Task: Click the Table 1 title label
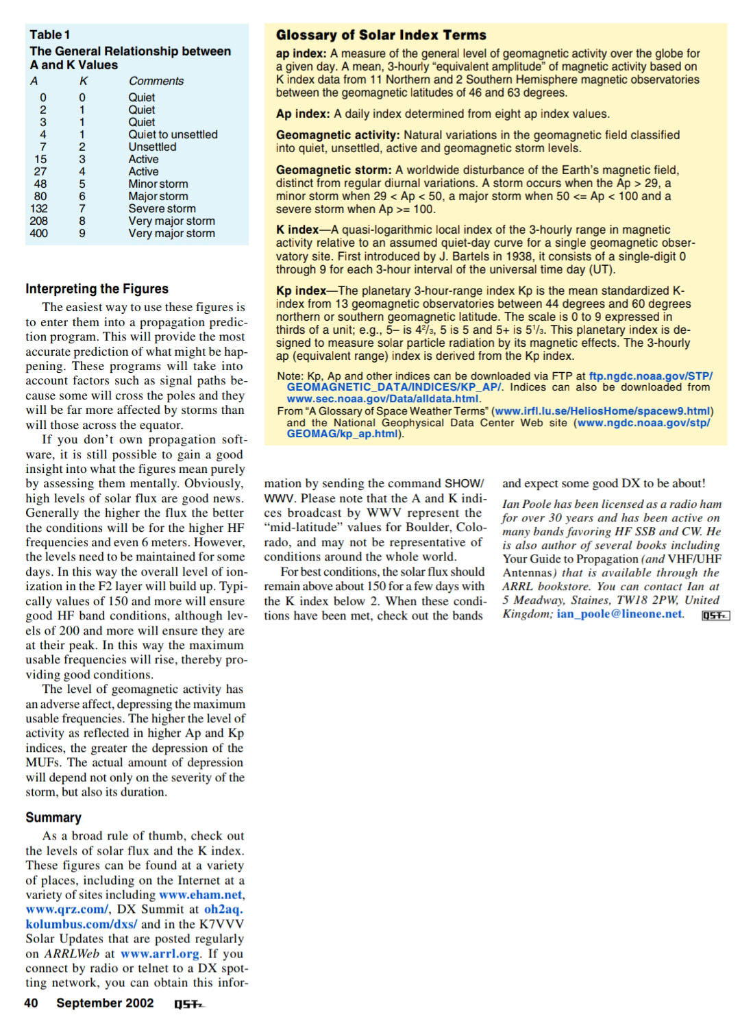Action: pyautogui.click(x=49, y=34)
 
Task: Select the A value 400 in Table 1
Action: pyautogui.click(x=39, y=233)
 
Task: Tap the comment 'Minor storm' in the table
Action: pyautogui.click(x=158, y=184)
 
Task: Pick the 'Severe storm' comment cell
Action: pyautogui.click(x=162, y=208)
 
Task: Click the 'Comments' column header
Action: pyautogui.click(x=156, y=81)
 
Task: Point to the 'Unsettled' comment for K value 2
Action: pyautogui.click(x=152, y=147)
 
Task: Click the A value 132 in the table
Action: pyautogui.click(x=39, y=208)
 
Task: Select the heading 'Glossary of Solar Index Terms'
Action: pyautogui.click(x=381, y=35)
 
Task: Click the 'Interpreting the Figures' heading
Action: pyautogui.click(x=97, y=289)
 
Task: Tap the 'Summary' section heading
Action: pyautogui.click(x=53, y=817)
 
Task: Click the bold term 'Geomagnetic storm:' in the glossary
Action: pyautogui.click(x=334, y=170)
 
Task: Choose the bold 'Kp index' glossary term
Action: pyautogui.click(x=301, y=291)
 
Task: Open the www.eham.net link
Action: pyautogui.click(x=201, y=894)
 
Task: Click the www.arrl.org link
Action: pyautogui.click(x=160, y=953)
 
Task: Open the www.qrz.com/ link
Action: pyautogui.click(x=66, y=909)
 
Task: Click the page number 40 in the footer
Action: pyautogui.click(x=32, y=1003)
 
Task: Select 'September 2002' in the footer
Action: pyautogui.click(x=105, y=1003)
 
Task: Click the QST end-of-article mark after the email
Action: pyautogui.click(x=716, y=615)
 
